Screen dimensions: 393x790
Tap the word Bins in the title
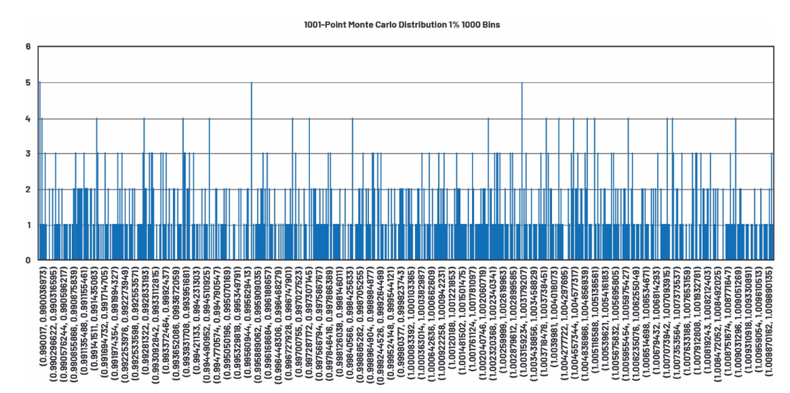[490, 24]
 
